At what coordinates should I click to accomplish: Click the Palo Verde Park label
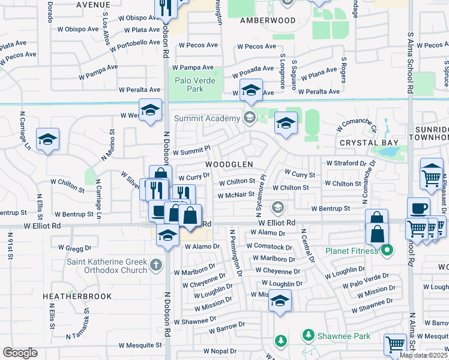(194, 85)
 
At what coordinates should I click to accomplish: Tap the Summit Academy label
(207, 118)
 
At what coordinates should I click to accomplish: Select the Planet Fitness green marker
(388, 250)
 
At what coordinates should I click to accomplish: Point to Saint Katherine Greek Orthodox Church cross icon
(156, 265)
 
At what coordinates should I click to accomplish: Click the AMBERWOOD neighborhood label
(268, 20)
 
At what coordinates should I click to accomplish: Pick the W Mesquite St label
(140, 345)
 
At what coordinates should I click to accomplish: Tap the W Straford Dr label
(346, 163)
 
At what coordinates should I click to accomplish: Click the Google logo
(20, 352)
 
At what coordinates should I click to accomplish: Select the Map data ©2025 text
(423, 355)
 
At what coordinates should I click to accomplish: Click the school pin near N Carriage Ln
(47, 140)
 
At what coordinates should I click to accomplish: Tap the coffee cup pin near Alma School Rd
(419, 208)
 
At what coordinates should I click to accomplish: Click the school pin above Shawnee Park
(279, 300)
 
